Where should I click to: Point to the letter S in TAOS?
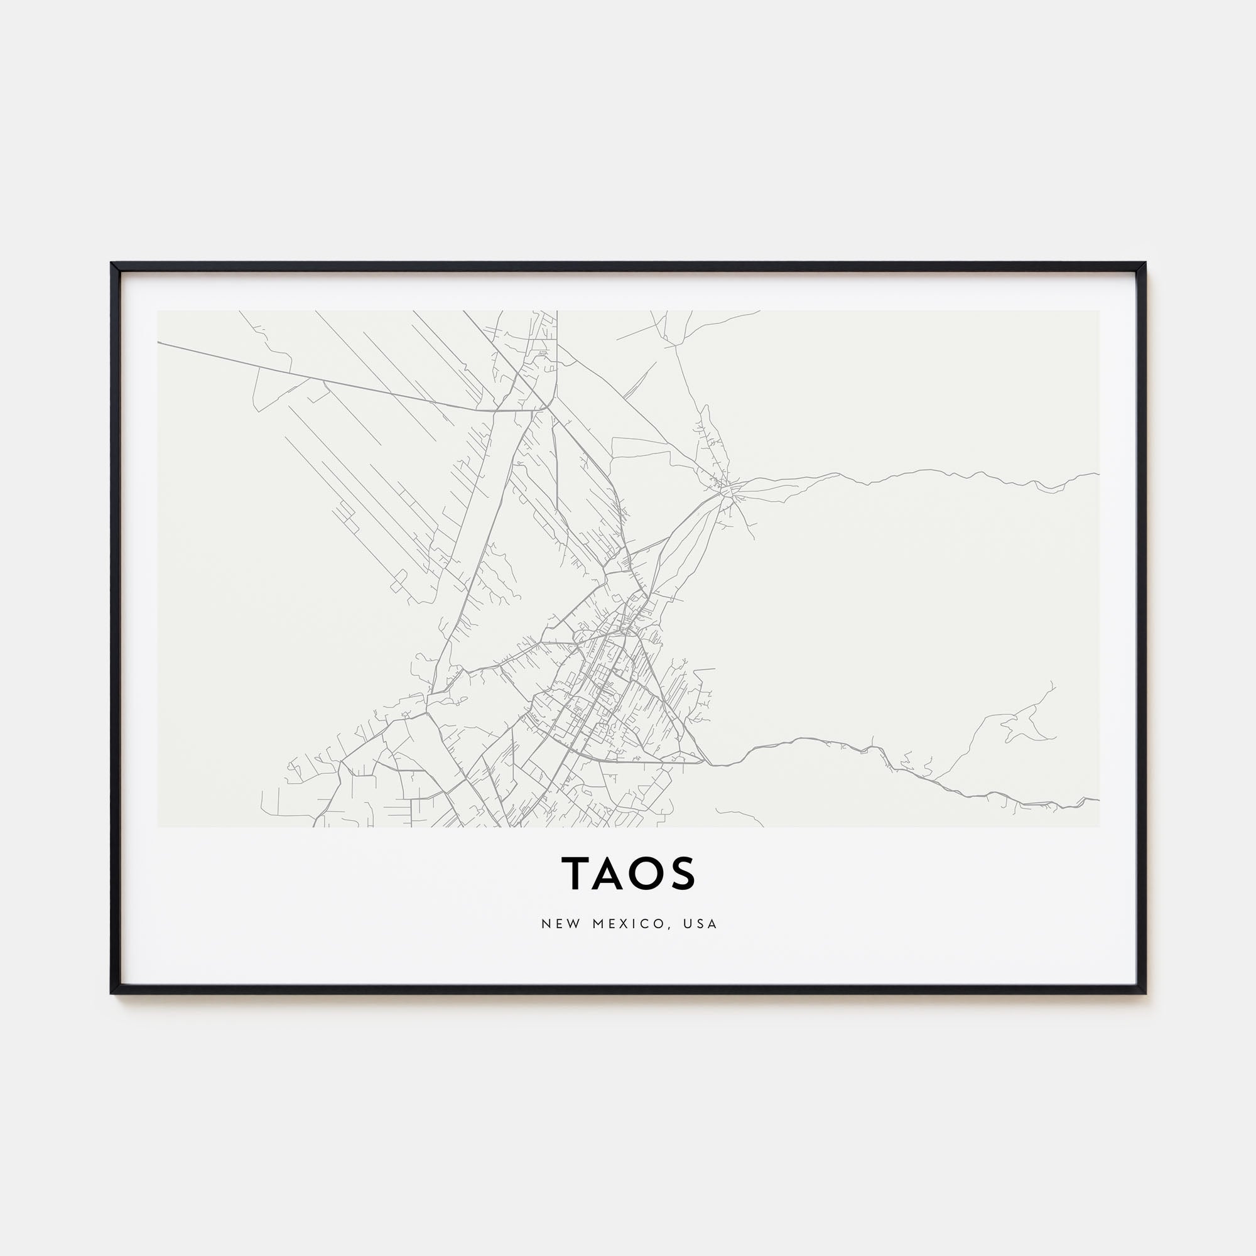click(x=683, y=872)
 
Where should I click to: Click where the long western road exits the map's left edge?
click(x=159, y=343)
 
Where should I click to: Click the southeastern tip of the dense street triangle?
click(x=705, y=762)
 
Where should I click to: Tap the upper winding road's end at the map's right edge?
click(x=1098, y=474)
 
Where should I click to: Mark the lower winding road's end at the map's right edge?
click(x=1098, y=799)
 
